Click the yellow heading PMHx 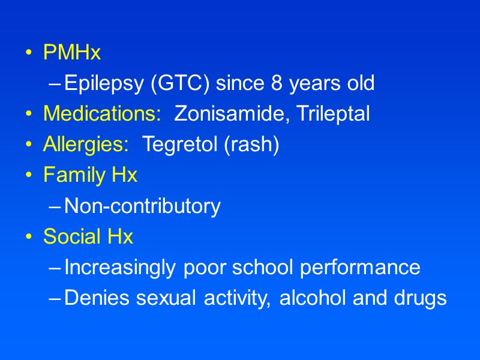[72, 53]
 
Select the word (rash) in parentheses [253, 145]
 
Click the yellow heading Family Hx [90, 176]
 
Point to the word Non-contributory [142, 207]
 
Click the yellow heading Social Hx [88, 238]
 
